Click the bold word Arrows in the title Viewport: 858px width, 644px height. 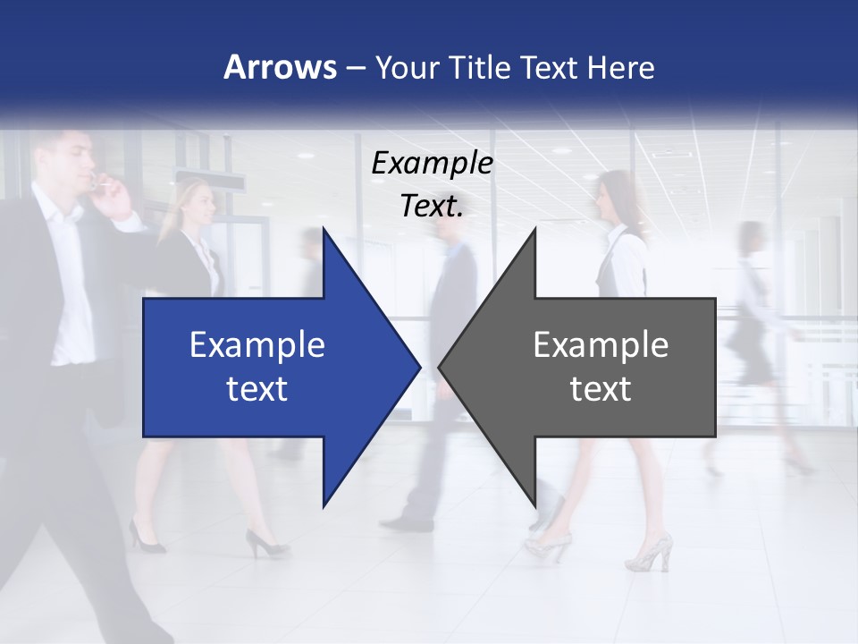(280, 67)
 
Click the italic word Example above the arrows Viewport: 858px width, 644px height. (432, 163)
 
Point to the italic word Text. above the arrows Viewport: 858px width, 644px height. (432, 207)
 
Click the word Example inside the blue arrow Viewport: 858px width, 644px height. (257, 344)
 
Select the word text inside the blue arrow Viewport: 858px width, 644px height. (257, 388)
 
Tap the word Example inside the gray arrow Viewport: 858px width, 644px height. (601, 344)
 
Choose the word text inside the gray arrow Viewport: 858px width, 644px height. (601, 388)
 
